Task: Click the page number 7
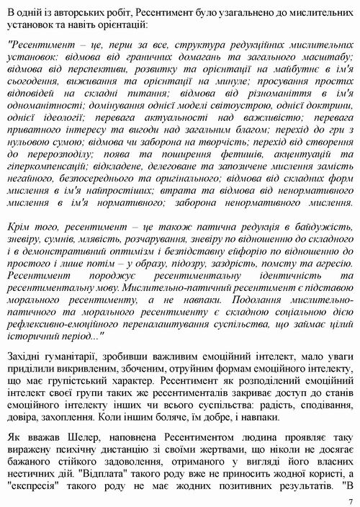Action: [x=350, y=501]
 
